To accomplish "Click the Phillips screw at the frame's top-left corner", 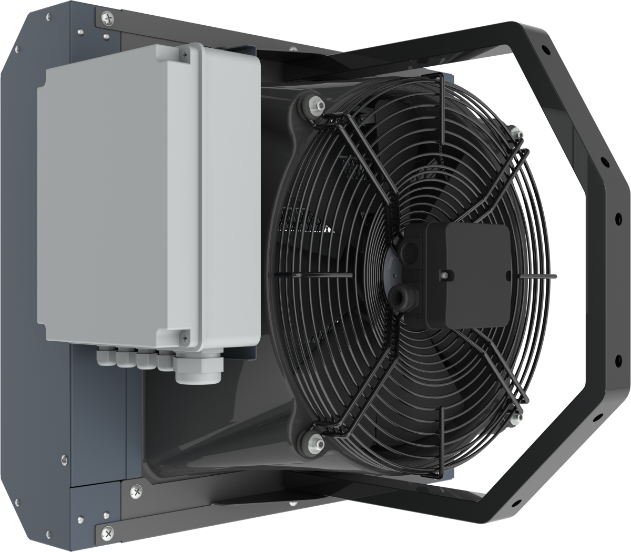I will point(107,19).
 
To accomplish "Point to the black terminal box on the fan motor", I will point(468,273).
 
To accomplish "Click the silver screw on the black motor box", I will point(445,274).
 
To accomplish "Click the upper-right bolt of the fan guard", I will point(514,132).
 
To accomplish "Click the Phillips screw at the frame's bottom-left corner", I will point(107,531).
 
